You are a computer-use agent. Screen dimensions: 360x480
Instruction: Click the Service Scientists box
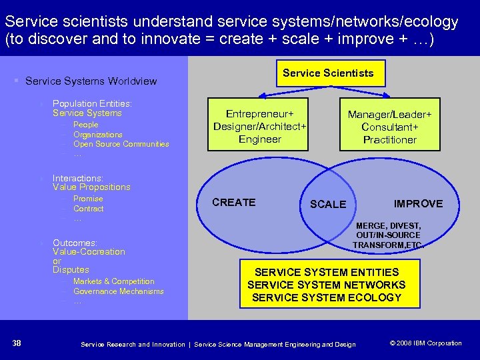(328, 73)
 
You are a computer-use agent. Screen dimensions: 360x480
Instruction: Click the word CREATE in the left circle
(233, 202)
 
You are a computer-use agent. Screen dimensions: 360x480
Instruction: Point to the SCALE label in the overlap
(328, 205)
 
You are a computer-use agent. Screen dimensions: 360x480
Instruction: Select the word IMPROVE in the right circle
(418, 203)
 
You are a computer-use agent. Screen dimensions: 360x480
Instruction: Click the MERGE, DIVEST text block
(387, 235)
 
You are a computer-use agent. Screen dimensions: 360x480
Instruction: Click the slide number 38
(17, 343)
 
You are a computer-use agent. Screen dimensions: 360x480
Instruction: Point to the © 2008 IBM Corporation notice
(425, 343)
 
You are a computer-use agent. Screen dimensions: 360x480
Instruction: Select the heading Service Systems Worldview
(91, 81)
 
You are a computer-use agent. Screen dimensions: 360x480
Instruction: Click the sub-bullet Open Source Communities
(121, 144)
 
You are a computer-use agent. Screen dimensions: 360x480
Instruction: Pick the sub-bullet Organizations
(97, 135)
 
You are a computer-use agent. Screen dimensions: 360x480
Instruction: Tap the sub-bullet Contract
(88, 209)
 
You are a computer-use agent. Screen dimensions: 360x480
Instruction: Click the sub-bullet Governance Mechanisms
(118, 291)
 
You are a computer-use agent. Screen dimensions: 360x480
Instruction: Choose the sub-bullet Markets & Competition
(113, 281)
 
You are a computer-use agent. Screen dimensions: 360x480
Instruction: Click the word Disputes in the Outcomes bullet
(71, 270)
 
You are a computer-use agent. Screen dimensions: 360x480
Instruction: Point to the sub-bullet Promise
(88, 199)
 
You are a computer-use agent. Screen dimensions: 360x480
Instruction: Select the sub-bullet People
(85, 125)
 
